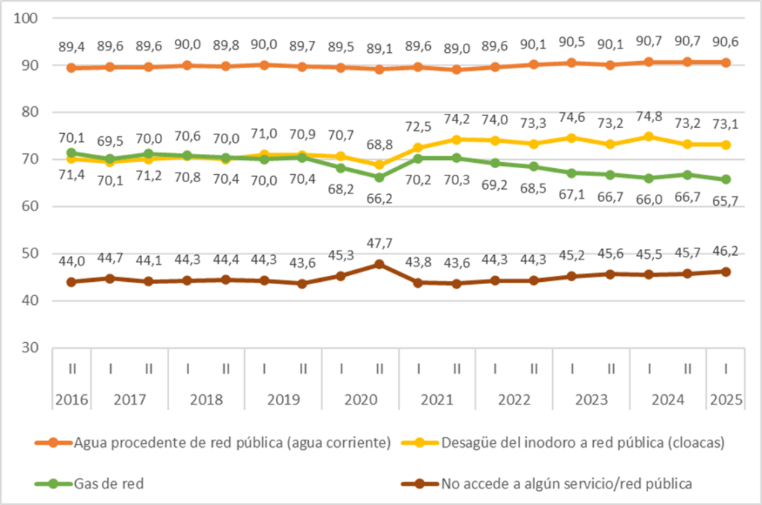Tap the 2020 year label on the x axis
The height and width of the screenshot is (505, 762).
[x=359, y=399]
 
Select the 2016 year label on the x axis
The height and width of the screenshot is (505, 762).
[x=71, y=399]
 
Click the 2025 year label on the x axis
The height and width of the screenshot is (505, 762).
[x=726, y=399]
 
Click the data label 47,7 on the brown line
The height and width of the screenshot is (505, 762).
[x=379, y=244]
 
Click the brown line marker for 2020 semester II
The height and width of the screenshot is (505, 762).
[x=379, y=264]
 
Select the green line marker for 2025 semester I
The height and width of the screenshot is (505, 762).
[x=726, y=179]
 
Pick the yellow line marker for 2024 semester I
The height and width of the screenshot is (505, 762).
[x=649, y=137]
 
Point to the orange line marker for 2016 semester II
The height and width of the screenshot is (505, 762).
[x=71, y=68]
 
